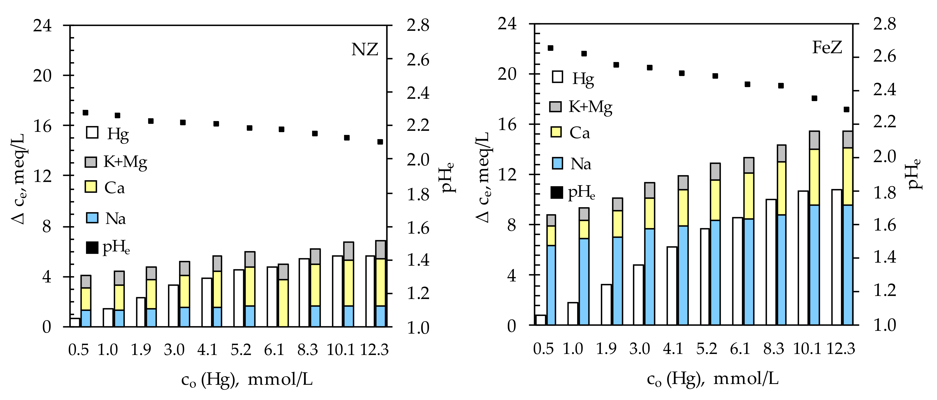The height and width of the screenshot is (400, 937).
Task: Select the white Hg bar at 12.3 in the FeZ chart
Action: [837, 257]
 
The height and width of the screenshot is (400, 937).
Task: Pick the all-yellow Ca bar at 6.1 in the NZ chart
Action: [283, 303]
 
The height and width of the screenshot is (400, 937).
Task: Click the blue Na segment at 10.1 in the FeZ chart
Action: [815, 265]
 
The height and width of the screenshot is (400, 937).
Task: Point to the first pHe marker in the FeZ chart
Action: [550, 48]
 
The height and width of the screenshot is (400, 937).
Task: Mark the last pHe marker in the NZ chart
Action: [380, 142]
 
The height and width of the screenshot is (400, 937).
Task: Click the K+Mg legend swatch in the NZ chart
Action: [91, 162]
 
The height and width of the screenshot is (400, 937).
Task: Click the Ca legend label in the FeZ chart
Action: [580, 133]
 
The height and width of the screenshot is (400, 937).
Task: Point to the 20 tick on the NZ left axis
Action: [43, 76]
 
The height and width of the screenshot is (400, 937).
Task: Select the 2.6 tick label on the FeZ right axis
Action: [885, 57]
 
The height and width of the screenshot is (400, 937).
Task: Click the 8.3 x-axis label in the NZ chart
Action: [307, 350]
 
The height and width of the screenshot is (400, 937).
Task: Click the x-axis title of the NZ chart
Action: [247, 380]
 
